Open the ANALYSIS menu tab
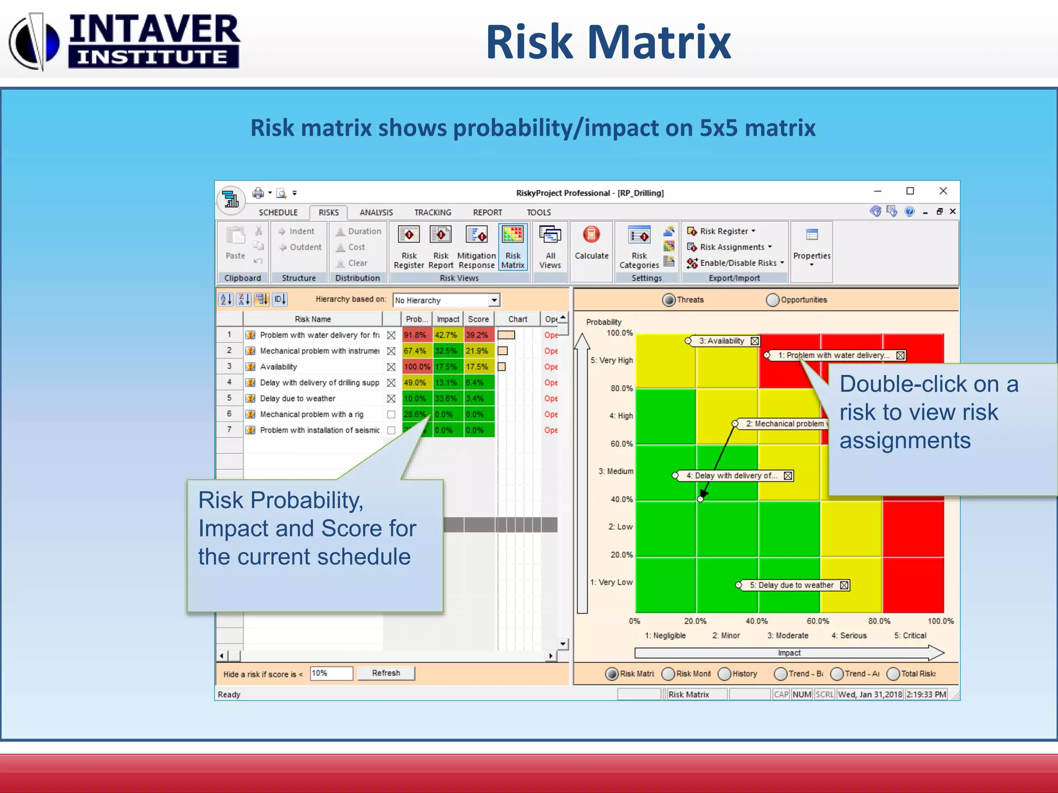pyautogui.click(x=376, y=212)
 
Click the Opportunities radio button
pyautogui.click(x=773, y=300)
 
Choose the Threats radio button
pyautogui.click(x=669, y=300)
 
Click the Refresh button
pyautogui.click(x=386, y=673)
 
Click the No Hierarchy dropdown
pyautogui.click(x=446, y=300)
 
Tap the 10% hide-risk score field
pyautogui.click(x=331, y=673)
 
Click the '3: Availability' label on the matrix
pyautogui.click(x=722, y=341)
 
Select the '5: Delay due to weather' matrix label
pyautogui.click(x=791, y=585)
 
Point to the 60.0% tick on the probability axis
pyautogui.click(x=621, y=444)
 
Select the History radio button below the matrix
pyautogui.click(x=725, y=674)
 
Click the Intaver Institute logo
pyautogui.click(x=124, y=41)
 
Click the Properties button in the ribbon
pyautogui.click(x=812, y=247)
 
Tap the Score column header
pyautogui.click(x=478, y=319)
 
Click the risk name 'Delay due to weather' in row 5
pyautogui.click(x=298, y=399)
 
